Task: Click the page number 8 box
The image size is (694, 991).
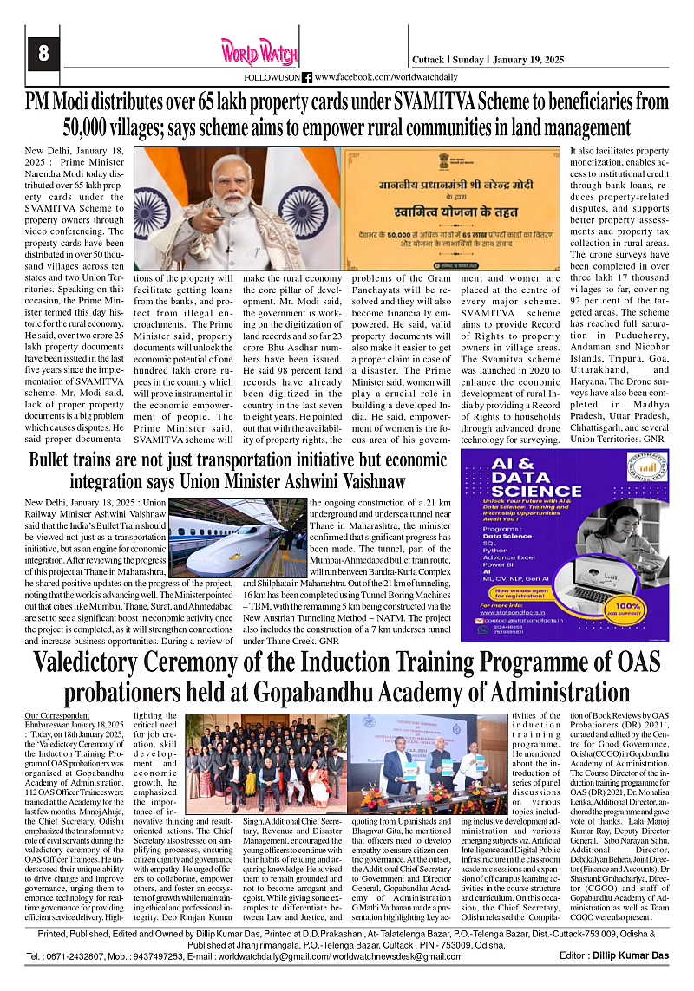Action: [41, 53]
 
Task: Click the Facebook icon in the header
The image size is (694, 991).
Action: [307, 77]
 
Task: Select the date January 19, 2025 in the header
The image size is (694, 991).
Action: [529, 60]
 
